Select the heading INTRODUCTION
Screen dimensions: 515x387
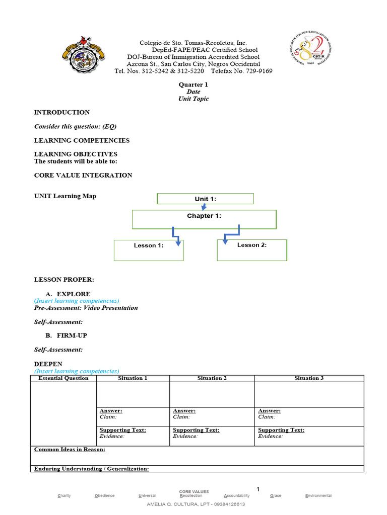coord(61,113)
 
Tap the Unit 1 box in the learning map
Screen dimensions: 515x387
coord(205,199)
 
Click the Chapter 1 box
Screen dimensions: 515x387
coord(204,219)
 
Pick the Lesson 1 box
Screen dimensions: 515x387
coord(149,250)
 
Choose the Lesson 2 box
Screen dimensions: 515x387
coord(252,249)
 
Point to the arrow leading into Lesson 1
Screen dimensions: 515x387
coord(176,237)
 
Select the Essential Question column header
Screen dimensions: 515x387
coord(63,378)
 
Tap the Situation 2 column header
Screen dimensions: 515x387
coord(212,378)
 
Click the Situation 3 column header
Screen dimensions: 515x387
coord(309,378)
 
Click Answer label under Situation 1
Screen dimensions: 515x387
coord(111,411)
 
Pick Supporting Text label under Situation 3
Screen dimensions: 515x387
coord(281,430)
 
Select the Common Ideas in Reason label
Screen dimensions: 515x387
coord(70,449)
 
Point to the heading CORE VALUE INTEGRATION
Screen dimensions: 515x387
coord(83,176)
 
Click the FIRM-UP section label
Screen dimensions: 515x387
coord(75,335)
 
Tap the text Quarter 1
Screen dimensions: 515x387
coord(193,85)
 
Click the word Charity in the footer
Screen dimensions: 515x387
coord(64,496)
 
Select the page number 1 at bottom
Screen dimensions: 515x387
coord(258,489)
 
